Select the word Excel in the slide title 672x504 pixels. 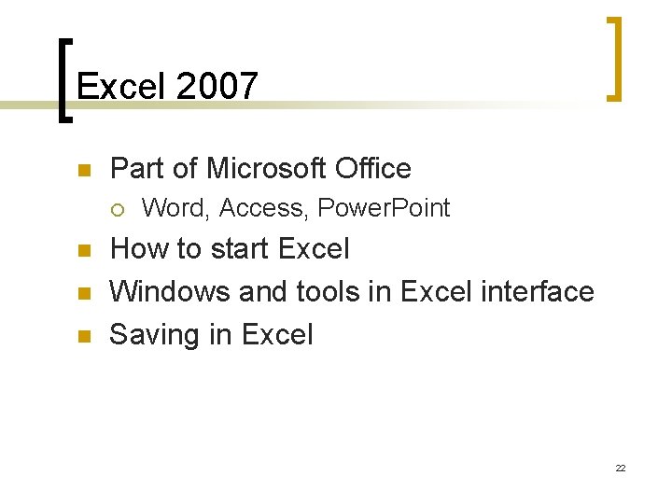(120, 87)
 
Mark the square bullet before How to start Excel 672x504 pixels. (82, 251)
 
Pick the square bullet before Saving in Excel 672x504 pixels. (82, 336)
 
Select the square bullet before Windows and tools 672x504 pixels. (82, 294)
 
